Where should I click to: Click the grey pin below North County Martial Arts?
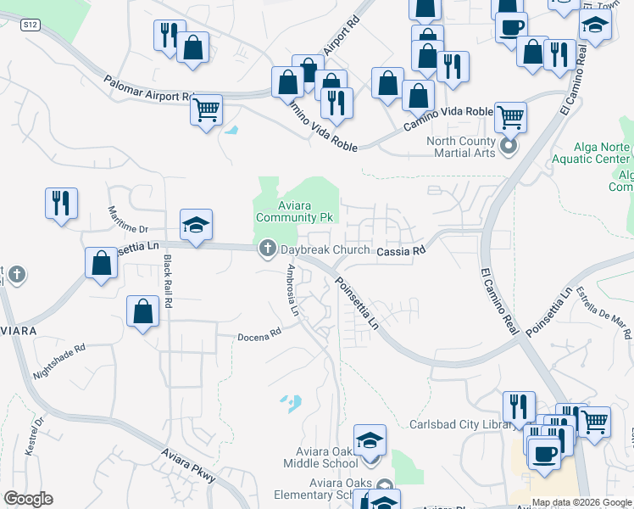(x=509, y=147)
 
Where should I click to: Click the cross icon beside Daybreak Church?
(x=268, y=249)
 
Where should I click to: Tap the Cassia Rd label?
(x=399, y=251)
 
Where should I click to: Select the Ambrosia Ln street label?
(x=292, y=290)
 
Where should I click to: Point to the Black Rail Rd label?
(x=168, y=282)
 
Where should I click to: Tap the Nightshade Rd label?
(x=59, y=361)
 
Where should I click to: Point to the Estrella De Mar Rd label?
(x=603, y=310)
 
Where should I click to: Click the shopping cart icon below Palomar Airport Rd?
(x=206, y=109)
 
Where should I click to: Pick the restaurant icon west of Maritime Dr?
(x=62, y=203)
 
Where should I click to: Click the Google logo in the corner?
(x=28, y=500)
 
